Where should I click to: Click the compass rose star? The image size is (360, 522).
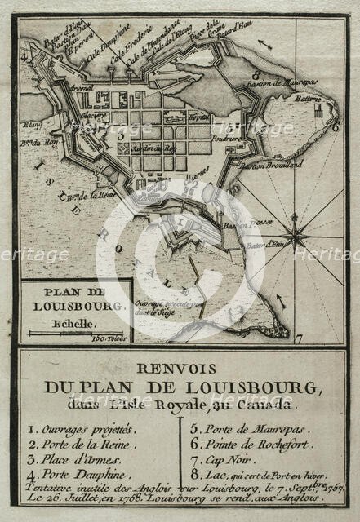pos(295,238)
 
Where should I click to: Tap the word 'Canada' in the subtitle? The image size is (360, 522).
pos(273,404)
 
